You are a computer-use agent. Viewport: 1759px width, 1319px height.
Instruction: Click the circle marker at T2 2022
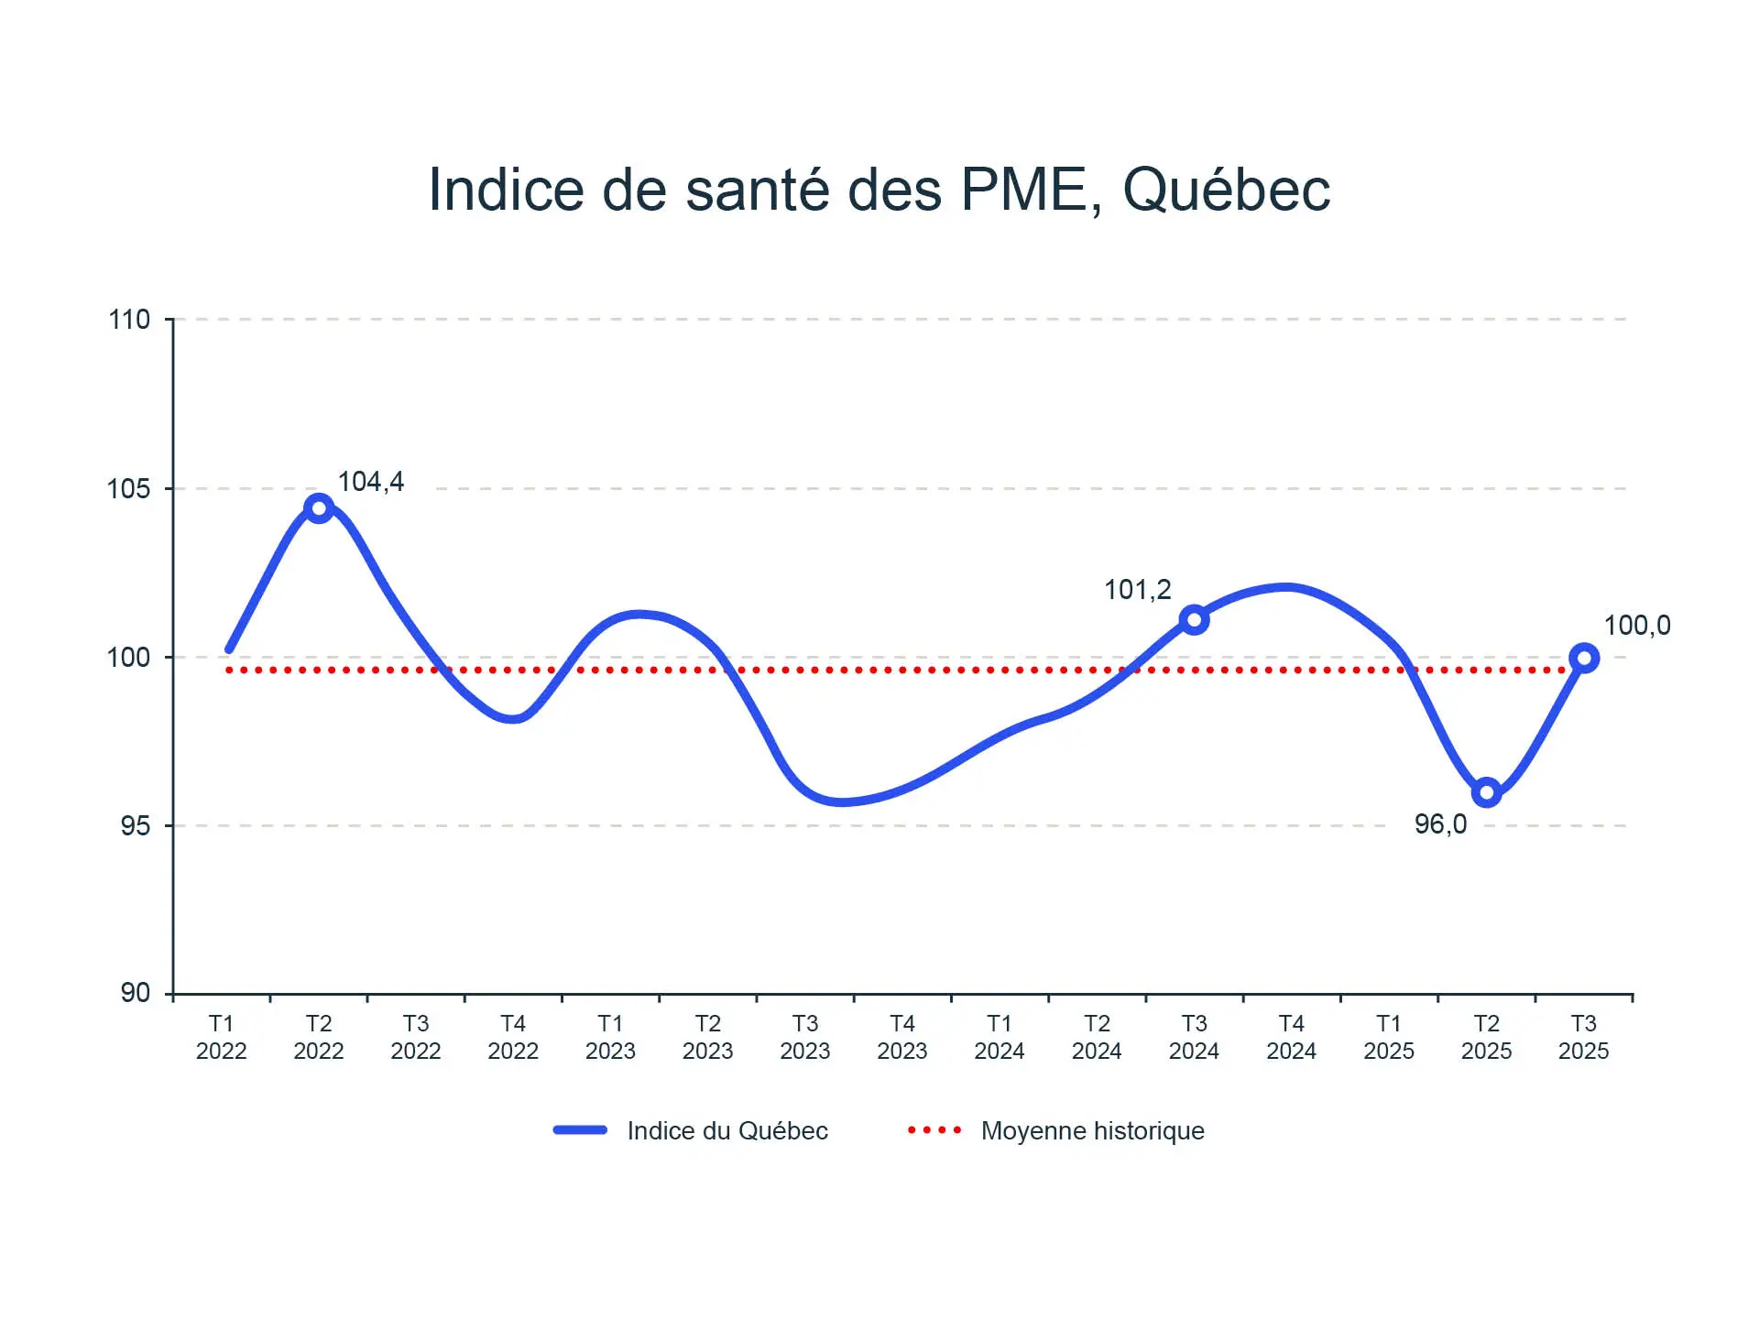click(319, 507)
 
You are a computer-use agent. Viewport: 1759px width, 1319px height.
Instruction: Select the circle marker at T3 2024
click(1194, 620)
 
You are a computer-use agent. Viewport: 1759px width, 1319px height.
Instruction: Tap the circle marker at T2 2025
click(1486, 792)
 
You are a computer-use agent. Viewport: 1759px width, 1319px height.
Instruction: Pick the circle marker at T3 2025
click(1584, 658)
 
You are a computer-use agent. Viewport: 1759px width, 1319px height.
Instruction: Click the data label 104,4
click(371, 482)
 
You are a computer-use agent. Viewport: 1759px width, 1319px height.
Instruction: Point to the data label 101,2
click(1137, 590)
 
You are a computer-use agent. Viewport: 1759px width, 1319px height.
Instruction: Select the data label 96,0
click(1440, 824)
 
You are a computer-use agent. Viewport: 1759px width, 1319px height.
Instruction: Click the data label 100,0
click(1637, 626)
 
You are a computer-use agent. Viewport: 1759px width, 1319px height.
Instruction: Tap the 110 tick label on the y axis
click(129, 320)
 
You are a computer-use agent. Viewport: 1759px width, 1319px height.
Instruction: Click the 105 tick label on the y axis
click(129, 488)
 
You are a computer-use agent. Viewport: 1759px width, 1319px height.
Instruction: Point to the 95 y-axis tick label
click(135, 825)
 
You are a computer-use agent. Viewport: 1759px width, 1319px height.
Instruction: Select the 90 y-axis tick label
click(135, 993)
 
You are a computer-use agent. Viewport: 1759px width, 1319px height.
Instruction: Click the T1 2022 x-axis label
click(222, 1037)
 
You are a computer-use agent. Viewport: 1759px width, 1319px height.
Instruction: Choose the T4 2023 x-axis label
click(902, 1037)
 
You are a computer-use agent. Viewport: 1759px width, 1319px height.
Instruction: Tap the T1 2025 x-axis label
click(1389, 1037)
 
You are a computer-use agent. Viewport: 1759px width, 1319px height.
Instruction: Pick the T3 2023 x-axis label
click(805, 1037)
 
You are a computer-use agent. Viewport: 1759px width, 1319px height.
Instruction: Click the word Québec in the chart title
click(1226, 191)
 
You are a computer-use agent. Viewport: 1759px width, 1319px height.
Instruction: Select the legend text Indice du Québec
click(727, 1131)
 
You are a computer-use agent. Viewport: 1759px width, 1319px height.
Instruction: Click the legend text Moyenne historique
click(1092, 1131)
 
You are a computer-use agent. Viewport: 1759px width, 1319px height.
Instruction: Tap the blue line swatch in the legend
click(580, 1130)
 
